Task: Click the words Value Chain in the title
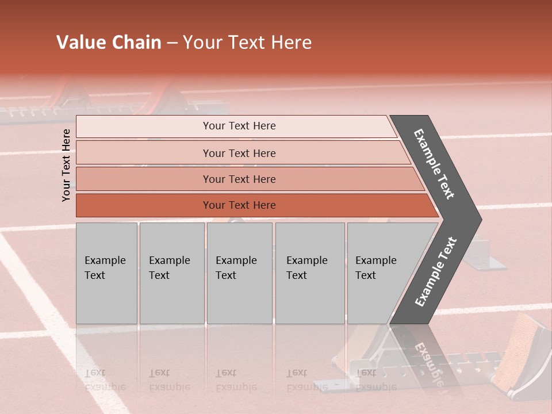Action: click(109, 43)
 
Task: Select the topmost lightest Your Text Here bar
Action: click(239, 126)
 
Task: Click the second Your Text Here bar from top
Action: click(239, 153)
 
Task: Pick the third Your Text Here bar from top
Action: click(239, 179)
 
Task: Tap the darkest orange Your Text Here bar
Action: click(239, 205)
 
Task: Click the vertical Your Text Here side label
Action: click(66, 164)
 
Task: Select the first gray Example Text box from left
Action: click(106, 273)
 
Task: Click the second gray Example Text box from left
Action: click(171, 273)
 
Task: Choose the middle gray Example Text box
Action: click(239, 273)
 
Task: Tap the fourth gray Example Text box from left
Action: click(309, 273)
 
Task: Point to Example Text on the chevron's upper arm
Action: click(434, 164)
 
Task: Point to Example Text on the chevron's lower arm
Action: click(435, 271)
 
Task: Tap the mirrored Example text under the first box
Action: click(105, 387)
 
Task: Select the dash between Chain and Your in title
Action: click(171, 43)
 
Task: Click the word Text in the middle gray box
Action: click(225, 275)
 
